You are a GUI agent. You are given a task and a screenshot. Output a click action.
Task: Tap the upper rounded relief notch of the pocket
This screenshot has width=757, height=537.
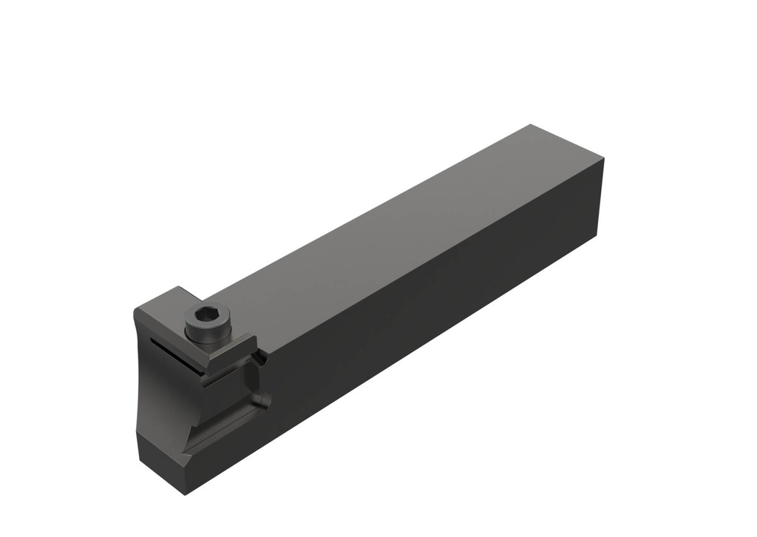(x=258, y=359)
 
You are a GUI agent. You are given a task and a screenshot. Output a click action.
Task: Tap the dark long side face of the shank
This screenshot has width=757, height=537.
(x=444, y=311)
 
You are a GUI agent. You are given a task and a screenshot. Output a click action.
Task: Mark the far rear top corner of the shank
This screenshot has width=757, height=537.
(x=531, y=125)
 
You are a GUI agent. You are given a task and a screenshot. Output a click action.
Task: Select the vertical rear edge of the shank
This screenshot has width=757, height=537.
(x=600, y=200)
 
